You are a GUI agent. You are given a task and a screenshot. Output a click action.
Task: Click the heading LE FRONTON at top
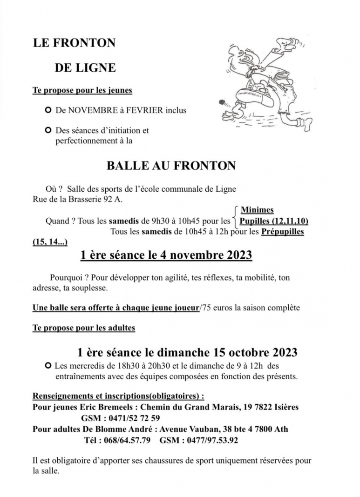pos(74,43)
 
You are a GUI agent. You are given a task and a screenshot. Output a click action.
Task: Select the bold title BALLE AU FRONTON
pos(171,166)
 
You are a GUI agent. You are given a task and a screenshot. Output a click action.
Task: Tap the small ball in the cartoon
pos(222,101)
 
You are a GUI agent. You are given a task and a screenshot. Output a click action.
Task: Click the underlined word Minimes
pos(257,210)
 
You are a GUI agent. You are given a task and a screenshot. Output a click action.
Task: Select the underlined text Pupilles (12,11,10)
pos(273,221)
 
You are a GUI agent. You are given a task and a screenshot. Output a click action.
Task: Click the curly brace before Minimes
pos(235,215)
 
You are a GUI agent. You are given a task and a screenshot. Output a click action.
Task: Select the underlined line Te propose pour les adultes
pos(84,328)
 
